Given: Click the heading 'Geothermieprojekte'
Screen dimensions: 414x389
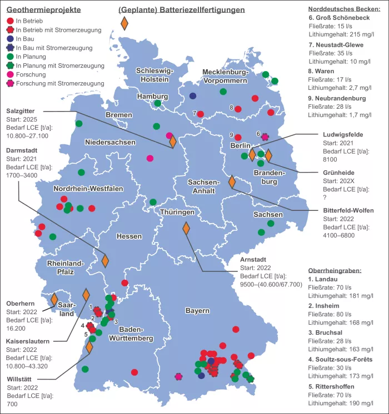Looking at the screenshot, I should [43, 10].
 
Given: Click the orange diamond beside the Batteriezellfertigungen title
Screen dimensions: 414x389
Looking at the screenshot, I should [124, 23].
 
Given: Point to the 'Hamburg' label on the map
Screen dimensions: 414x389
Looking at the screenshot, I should [152, 97].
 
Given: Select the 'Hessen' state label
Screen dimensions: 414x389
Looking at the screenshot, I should [129, 236].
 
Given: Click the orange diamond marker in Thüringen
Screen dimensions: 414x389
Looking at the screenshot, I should [186, 228].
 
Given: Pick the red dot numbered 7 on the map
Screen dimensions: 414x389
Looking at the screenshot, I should [201, 114].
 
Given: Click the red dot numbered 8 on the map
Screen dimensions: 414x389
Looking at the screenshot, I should [238, 109].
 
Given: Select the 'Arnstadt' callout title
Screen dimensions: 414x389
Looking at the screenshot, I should [253, 259].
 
